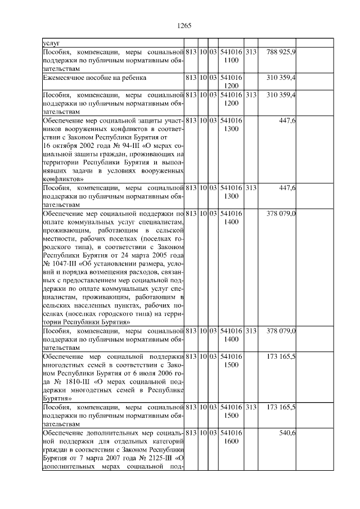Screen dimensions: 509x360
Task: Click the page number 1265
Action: click(x=184, y=25)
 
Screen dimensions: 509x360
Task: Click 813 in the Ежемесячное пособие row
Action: click(x=191, y=76)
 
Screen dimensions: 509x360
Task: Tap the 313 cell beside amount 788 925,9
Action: click(x=251, y=52)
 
